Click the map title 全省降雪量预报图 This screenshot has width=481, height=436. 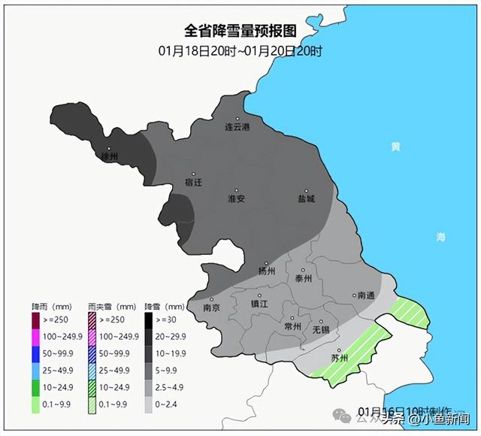[x=240, y=31]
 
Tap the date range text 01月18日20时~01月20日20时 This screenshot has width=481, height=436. [x=240, y=51]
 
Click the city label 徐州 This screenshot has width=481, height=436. [x=110, y=156]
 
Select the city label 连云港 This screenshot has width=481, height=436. [x=237, y=127]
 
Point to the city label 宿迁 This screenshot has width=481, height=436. [x=194, y=182]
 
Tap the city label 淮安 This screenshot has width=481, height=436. [x=237, y=198]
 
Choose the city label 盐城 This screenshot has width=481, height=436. [x=305, y=198]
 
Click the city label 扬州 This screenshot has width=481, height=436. [x=267, y=271]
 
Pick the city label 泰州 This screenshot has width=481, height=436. [x=304, y=278]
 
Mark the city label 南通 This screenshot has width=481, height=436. [x=366, y=295]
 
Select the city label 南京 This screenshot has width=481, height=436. [x=212, y=307]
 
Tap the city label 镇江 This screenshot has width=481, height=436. [x=259, y=304]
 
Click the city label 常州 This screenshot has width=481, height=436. [x=293, y=326]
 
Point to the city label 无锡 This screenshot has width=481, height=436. [x=321, y=329]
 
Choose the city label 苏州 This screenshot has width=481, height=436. [x=340, y=358]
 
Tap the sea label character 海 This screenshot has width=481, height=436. [x=441, y=237]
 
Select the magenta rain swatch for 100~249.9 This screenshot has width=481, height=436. [x=35, y=335]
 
